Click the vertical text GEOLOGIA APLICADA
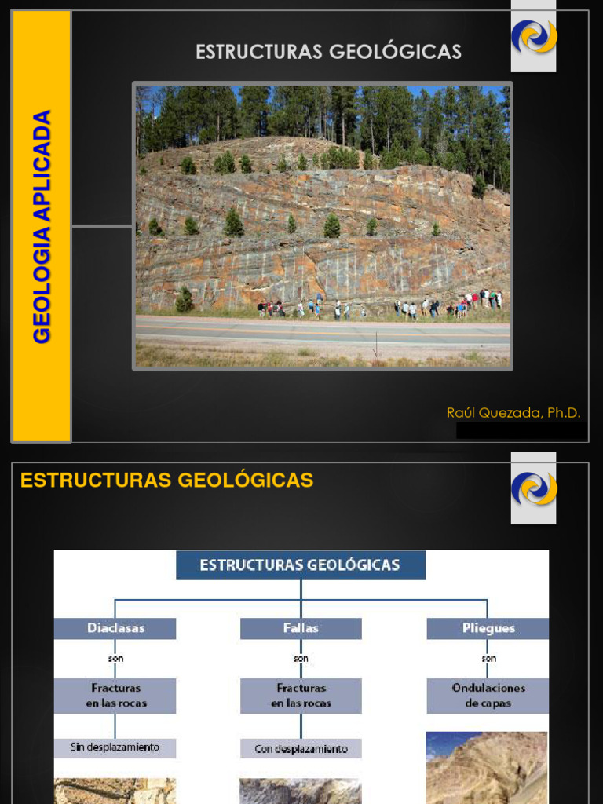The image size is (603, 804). point(42,226)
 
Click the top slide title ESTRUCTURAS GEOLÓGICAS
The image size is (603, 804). point(328,52)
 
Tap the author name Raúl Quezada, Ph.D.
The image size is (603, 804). point(513,412)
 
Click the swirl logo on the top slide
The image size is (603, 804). point(534,36)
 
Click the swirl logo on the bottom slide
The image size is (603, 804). point(534,488)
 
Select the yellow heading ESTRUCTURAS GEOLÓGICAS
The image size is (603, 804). point(166,481)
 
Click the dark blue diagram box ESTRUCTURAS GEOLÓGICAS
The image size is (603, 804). point(301,565)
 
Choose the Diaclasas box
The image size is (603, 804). point(115,628)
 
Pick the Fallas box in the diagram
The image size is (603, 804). point(301,628)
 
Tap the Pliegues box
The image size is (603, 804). point(488,628)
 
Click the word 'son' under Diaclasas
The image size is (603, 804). point(115,659)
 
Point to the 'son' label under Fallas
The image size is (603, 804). point(301,659)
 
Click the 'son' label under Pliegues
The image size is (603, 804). point(488,659)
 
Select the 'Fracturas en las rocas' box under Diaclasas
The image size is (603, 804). point(115,696)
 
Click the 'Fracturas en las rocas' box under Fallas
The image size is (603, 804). point(301,696)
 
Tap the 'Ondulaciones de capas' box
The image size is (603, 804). point(488,696)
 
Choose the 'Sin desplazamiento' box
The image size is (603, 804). point(115,747)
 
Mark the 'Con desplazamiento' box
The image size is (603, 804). point(301,749)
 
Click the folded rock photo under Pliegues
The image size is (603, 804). point(487,768)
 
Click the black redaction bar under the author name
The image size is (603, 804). point(519,430)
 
